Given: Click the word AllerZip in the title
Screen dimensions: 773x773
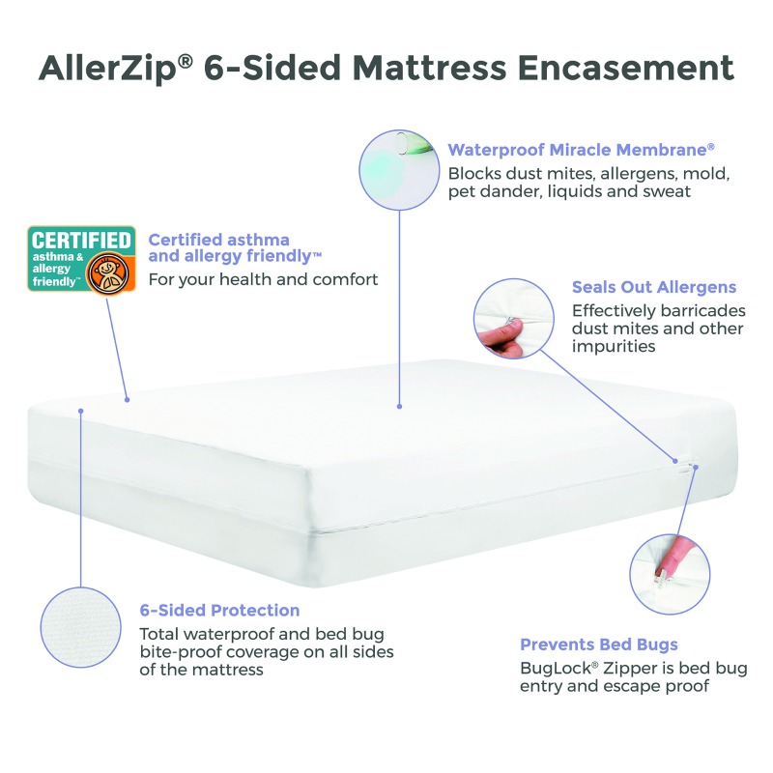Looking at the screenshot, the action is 107,68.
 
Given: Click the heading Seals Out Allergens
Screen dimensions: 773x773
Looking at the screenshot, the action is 654,287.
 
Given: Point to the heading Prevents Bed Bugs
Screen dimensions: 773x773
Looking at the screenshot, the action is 599,644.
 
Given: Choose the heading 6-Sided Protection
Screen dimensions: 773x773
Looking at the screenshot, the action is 219,610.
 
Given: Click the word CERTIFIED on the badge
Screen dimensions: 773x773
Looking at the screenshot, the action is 81,240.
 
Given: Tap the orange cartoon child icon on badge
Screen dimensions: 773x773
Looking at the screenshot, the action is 108,273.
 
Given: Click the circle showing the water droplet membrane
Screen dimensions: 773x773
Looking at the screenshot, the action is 399,170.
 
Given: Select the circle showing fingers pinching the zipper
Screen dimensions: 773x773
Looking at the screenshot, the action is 514,319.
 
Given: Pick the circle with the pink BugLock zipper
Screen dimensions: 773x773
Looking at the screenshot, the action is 670,574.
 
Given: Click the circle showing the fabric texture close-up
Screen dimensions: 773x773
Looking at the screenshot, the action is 81,627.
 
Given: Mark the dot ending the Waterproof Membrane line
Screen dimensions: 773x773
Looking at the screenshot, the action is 399,406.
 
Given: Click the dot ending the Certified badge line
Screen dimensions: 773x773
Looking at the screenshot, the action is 128,400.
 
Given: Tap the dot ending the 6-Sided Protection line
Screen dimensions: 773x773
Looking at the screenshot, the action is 81,411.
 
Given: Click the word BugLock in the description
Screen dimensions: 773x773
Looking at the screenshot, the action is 558,668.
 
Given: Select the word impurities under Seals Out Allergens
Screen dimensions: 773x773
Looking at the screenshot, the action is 614,346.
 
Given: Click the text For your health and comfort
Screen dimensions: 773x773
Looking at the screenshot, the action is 263,279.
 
